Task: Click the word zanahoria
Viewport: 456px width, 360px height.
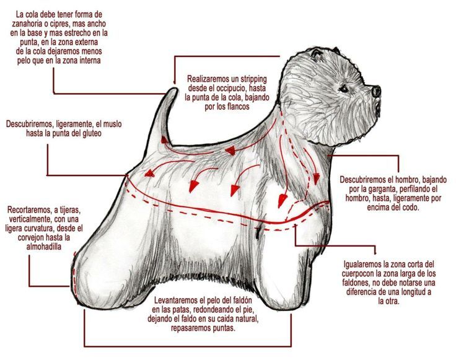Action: coord(28,24)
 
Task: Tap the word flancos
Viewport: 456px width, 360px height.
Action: coord(238,107)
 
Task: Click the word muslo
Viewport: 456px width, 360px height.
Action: coord(112,124)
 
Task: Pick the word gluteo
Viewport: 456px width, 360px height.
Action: coord(91,133)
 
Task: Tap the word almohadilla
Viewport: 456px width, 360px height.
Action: coord(43,247)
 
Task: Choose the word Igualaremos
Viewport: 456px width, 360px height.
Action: coord(362,265)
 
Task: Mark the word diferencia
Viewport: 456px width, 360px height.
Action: coord(362,292)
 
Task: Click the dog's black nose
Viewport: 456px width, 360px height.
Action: coord(376,91)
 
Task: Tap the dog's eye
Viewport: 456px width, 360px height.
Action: coord(344,88)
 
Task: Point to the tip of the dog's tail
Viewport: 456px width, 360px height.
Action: coord(175,89)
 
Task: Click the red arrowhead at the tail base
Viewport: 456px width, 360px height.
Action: coord(164,140)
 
